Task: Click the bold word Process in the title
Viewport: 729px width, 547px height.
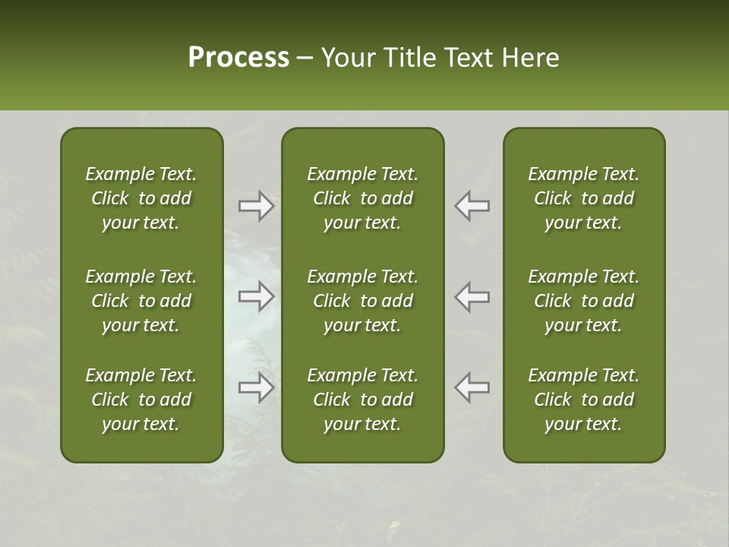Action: (238, 58)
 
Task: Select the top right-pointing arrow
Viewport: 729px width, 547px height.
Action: (257, 205)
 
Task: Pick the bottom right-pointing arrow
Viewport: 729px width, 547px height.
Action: (257, 387)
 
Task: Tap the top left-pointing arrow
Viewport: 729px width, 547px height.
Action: (472, 205)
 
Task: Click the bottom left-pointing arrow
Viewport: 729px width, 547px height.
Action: (472, 387)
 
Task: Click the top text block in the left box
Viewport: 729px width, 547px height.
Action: (141, 198)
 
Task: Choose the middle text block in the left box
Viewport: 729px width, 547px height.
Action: (141, 301)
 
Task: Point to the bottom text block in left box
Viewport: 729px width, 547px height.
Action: (141, 400)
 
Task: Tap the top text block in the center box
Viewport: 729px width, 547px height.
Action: (362, 198)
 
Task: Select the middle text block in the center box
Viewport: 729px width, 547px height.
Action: (362, 301)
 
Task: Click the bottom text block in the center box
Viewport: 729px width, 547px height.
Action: (362, 400)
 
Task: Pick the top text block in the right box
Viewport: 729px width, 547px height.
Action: (583, 198)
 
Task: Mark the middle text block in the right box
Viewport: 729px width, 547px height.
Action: (583, 301)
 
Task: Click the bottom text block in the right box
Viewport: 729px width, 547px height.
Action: (583, 400)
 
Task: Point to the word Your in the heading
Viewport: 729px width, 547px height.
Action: (346, 58)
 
